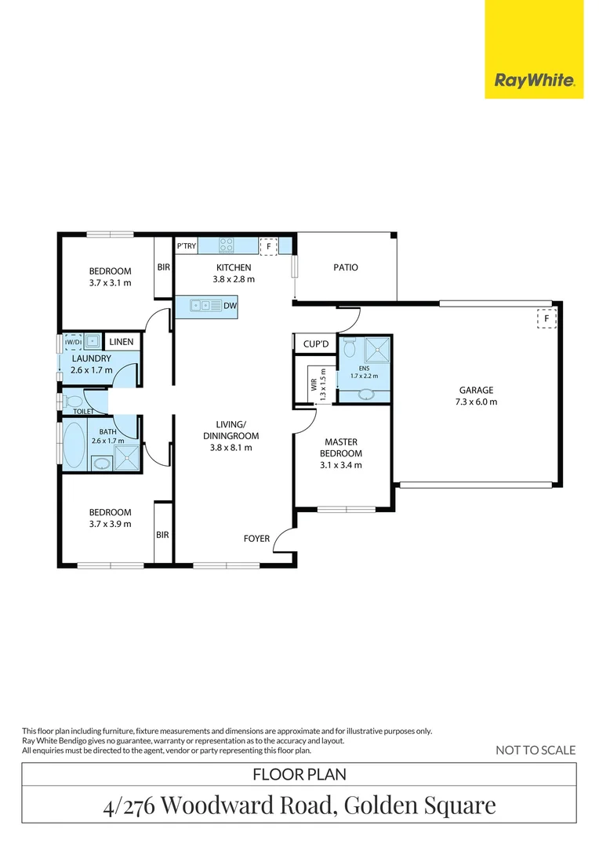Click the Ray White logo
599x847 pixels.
(x=534, y=80)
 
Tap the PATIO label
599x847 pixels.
(x=345, y=267)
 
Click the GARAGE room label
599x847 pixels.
(x=477, y=390)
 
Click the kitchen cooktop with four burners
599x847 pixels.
(x=227, y=245)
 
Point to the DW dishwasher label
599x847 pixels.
(x=230, y=306)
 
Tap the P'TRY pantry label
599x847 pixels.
(x=186, y=246)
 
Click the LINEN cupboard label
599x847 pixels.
(x=122, y=342)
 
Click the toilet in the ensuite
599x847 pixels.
(x=350, y=347)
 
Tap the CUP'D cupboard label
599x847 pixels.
(x=305, y=344)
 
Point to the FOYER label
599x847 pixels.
(x=256, y=539)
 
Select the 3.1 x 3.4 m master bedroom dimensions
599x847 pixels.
(x=341, y=465)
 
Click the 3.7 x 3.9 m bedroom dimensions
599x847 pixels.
(x=109, y=524)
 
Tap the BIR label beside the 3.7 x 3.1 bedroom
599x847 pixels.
(x=163, y=267)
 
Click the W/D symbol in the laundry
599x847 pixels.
(x=73, y=342)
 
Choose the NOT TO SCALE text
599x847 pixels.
(x=535, y=751)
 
